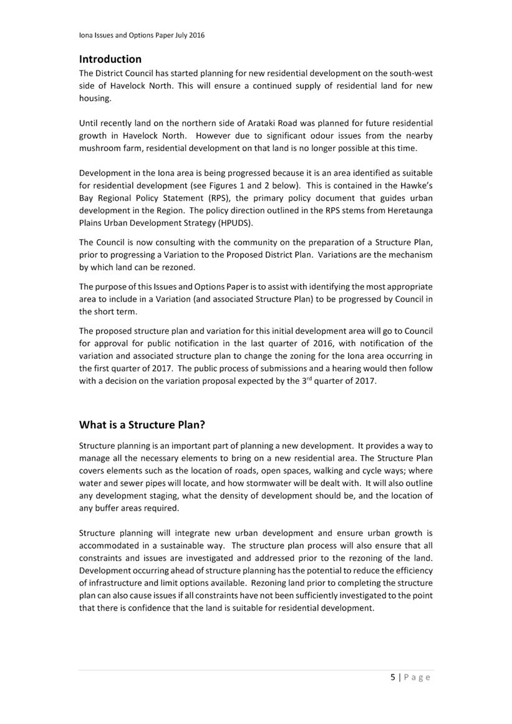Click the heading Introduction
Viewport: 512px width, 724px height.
(x=110, y=59)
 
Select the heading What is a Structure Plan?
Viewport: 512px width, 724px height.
(x=142, y=424)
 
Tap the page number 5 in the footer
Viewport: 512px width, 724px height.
(x=393, y=677)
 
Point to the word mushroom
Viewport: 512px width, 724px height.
(x=99, y=149)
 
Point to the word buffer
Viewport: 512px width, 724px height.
(x=107, y=508)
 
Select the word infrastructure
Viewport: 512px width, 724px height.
(x=118, y=582)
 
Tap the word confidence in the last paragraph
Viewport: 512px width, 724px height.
(x=160, y=607)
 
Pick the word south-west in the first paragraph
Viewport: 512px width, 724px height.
(x=412, y=73)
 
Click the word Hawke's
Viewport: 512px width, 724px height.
(x=417, y=185)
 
